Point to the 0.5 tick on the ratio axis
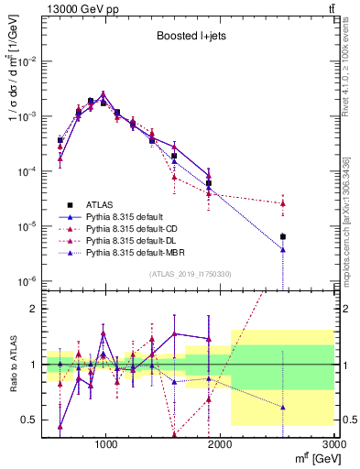pyautogui.click(x=27, y=420)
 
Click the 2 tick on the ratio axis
pyautogui.click(x=32, y=309)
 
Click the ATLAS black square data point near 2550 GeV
pyautogui.click(x=283, y=236)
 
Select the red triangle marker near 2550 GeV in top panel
pyautogui.click(x=283, y=202)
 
